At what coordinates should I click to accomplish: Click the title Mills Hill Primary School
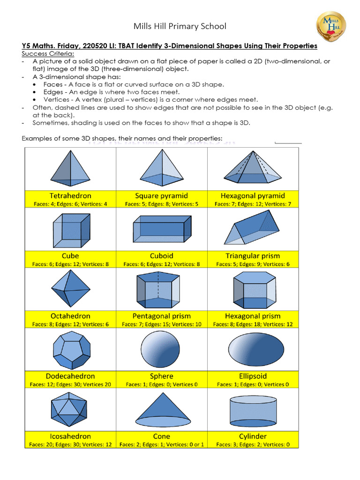[180, 26]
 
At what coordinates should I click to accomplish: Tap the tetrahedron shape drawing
[70, 168]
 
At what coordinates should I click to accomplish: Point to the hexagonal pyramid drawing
[253, 169]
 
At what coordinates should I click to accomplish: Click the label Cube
[70, 256]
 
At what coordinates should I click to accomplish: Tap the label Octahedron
[70, 316]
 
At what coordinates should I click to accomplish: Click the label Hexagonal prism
[253, 316]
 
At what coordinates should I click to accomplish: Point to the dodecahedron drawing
[70, 349]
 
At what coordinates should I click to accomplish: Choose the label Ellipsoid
[253, 376]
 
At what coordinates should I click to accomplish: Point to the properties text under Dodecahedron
[70, 384]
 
